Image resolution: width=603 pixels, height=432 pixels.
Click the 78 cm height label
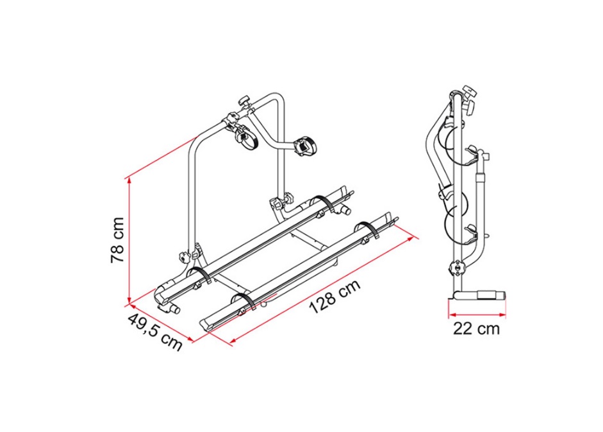point(118,240)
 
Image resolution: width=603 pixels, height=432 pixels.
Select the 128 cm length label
point(335,296)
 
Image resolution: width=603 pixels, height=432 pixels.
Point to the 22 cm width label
point(477,329)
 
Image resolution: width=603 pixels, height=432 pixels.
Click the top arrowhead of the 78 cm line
point(130,180)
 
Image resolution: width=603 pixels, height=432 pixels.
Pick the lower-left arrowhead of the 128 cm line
point(233,340)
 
